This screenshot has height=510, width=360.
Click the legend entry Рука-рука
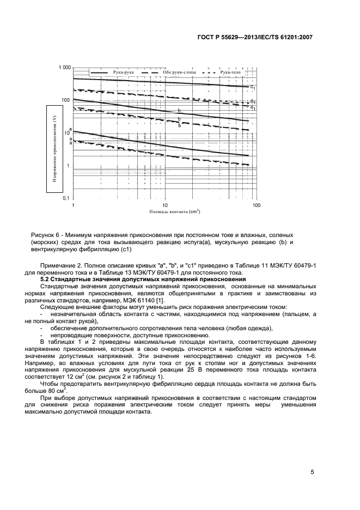coord(123,72)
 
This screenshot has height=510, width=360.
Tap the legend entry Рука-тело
coord(230,72)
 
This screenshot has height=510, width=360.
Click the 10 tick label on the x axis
coord(164,205)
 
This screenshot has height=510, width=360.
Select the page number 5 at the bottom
coord(313,472)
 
